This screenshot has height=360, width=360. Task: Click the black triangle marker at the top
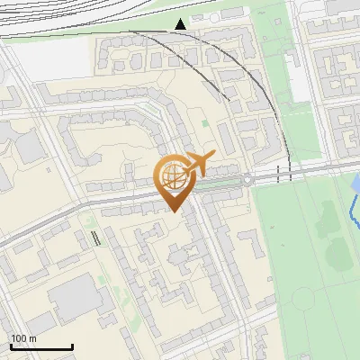point(181,23)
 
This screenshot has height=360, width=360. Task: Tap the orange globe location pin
point(173,180)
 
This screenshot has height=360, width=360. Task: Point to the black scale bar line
point(41,347)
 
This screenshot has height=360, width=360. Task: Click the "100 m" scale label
point(23,338)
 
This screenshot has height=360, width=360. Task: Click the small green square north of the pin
point(204,122)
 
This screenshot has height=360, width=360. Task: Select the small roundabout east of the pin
point(247,179)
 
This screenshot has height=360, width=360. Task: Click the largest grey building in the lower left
point(74,298)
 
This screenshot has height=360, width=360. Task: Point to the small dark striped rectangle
point(95,238)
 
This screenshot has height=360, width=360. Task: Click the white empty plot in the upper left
point(49,59)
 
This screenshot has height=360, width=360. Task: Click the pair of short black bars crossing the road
point(284,175)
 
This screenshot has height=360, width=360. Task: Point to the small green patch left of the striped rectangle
point(88,220)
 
